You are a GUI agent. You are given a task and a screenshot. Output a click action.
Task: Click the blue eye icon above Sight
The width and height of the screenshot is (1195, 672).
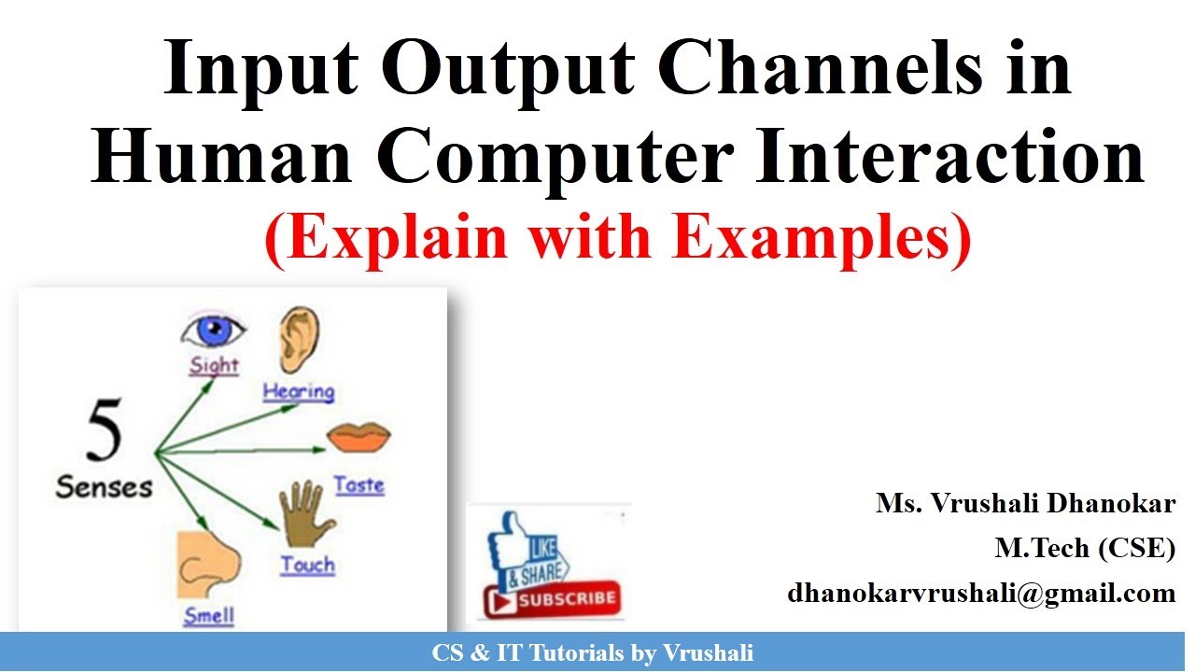point(213,330)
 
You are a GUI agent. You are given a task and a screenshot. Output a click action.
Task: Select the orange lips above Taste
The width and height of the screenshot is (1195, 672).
point(358,436)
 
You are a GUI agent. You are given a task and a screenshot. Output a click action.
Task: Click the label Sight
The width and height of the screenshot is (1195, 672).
point(214,365)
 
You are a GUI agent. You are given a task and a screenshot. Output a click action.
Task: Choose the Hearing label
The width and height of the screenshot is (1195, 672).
point(299,392)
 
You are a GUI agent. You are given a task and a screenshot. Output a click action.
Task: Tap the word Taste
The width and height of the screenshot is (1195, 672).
point(359,485)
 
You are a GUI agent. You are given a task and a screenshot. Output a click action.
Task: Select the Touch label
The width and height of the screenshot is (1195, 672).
point(307,565)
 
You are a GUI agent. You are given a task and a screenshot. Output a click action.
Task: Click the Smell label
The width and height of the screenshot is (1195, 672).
point(209,616)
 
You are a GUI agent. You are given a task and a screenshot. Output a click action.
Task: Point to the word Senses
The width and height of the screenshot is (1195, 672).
point(104,486)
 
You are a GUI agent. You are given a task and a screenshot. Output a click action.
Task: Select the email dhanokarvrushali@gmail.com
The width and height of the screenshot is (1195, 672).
point(981,593)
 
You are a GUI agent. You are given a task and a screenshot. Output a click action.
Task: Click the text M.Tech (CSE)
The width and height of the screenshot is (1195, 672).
point(1085,549)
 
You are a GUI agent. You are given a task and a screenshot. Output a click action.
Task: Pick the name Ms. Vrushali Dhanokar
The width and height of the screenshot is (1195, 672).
point(1025,504)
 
